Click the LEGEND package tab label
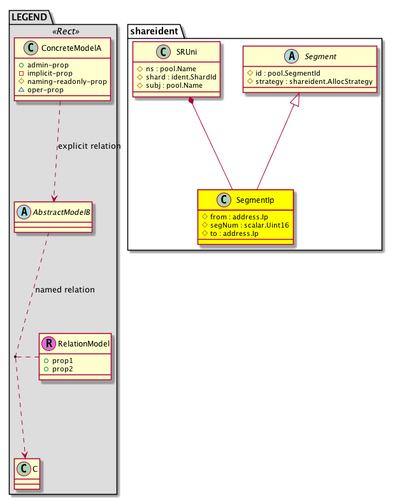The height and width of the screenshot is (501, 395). tap(29, 17)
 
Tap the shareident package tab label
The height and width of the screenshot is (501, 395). tap(154, 31)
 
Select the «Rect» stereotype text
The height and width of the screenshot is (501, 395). tap(66, 31)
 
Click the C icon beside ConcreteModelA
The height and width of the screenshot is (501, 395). tap(31, 48)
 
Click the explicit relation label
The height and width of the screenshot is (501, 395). tap(89, 146)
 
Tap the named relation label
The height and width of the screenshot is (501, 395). tap(65, 290)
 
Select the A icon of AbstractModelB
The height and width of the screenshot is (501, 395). tap(24, 212)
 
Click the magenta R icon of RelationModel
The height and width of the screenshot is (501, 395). tap(48, 343)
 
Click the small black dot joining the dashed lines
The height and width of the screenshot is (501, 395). tap(15, 356)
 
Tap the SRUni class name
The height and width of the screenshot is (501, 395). tap(187, 52)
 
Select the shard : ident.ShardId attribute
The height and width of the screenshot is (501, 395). tap(177, 78)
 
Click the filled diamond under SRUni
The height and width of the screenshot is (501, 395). tap(191, 100)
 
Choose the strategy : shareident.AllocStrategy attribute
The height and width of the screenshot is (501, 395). tap(310, 81)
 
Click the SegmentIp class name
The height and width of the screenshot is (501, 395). tap(255, 200)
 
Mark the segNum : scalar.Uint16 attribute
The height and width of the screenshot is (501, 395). tap(245, 225)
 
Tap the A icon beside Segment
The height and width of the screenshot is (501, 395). tap(292, 56)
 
